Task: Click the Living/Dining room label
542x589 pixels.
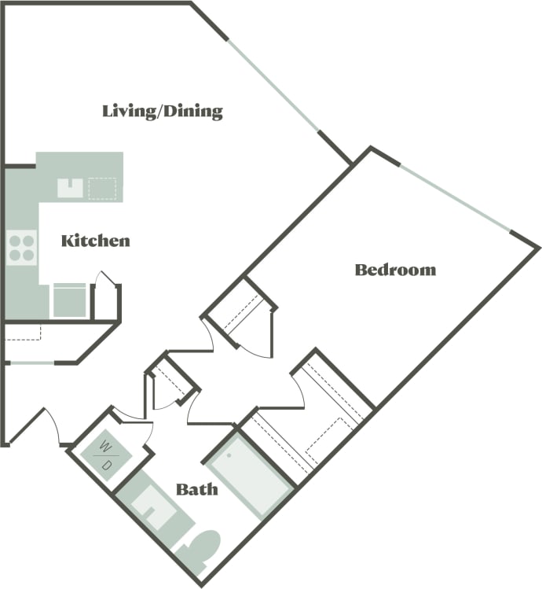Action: [x=163, y=111]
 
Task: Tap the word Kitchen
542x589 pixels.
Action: [x=95, y=241]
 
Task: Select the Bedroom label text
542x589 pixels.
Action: [x=395, y=270]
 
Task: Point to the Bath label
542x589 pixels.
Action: [x=196, y=490]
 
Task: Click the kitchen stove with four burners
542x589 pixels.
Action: [x=22, y=247]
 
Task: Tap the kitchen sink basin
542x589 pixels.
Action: [x=71, y=187]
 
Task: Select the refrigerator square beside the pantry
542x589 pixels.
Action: [x=69, y=300]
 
